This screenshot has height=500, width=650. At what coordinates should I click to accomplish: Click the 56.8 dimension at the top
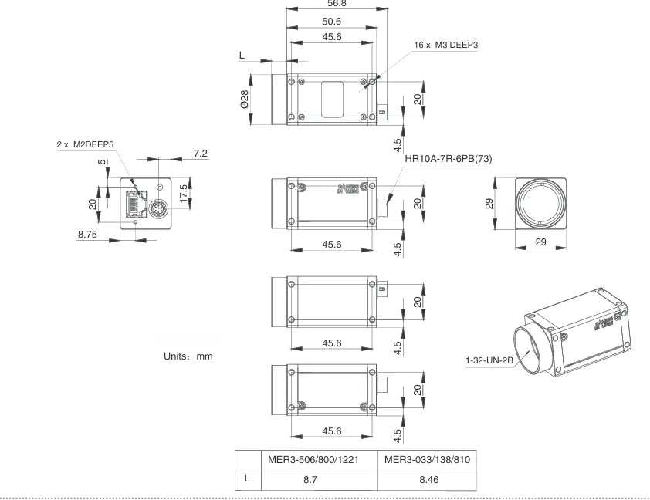[337, 4]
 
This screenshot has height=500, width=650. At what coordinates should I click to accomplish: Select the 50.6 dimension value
[332, 22]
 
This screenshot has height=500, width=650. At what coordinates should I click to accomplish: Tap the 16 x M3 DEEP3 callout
[446, 46]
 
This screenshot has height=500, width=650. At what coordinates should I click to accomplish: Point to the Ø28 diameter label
[244, 100]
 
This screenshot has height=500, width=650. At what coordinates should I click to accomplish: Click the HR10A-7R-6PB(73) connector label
[448, 159]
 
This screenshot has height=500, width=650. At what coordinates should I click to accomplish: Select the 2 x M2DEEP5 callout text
[86, 144]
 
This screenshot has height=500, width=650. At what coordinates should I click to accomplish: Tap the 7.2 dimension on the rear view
[200, 154]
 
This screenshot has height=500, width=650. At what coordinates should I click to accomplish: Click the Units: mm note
[188, 356]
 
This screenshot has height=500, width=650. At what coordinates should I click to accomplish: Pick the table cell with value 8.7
[320, 479]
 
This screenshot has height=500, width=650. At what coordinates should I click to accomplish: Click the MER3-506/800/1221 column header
[320, 461]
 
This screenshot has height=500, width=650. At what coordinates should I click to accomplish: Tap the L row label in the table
[247, 478]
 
